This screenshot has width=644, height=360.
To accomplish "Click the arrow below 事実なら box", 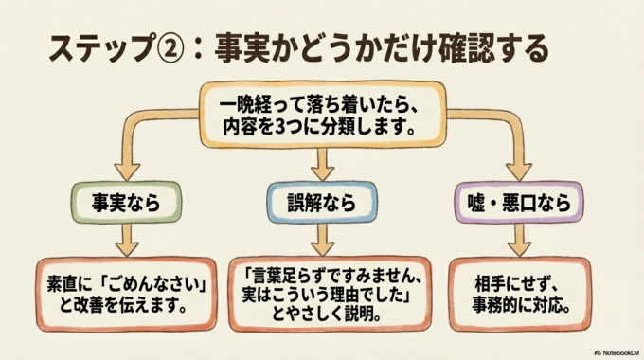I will (x=125, y=241).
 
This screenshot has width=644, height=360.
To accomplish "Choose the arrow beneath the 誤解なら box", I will (x=322, y=241).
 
